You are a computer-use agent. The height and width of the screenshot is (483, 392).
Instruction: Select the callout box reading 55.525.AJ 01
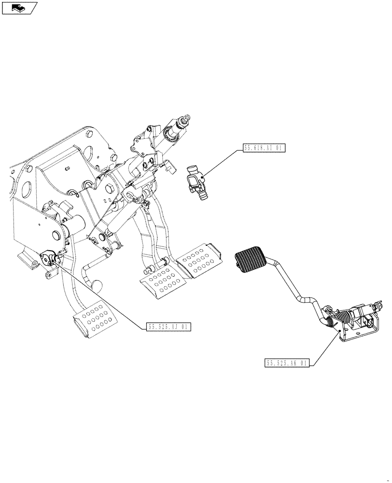click(x=168, y=327)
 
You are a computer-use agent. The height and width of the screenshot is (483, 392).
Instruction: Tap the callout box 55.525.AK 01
click(x=286, y=363)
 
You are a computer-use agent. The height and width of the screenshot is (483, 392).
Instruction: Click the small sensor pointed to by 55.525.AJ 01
click(x=50, y=258)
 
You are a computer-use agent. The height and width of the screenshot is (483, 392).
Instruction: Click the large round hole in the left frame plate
click(x=28, y=186)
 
